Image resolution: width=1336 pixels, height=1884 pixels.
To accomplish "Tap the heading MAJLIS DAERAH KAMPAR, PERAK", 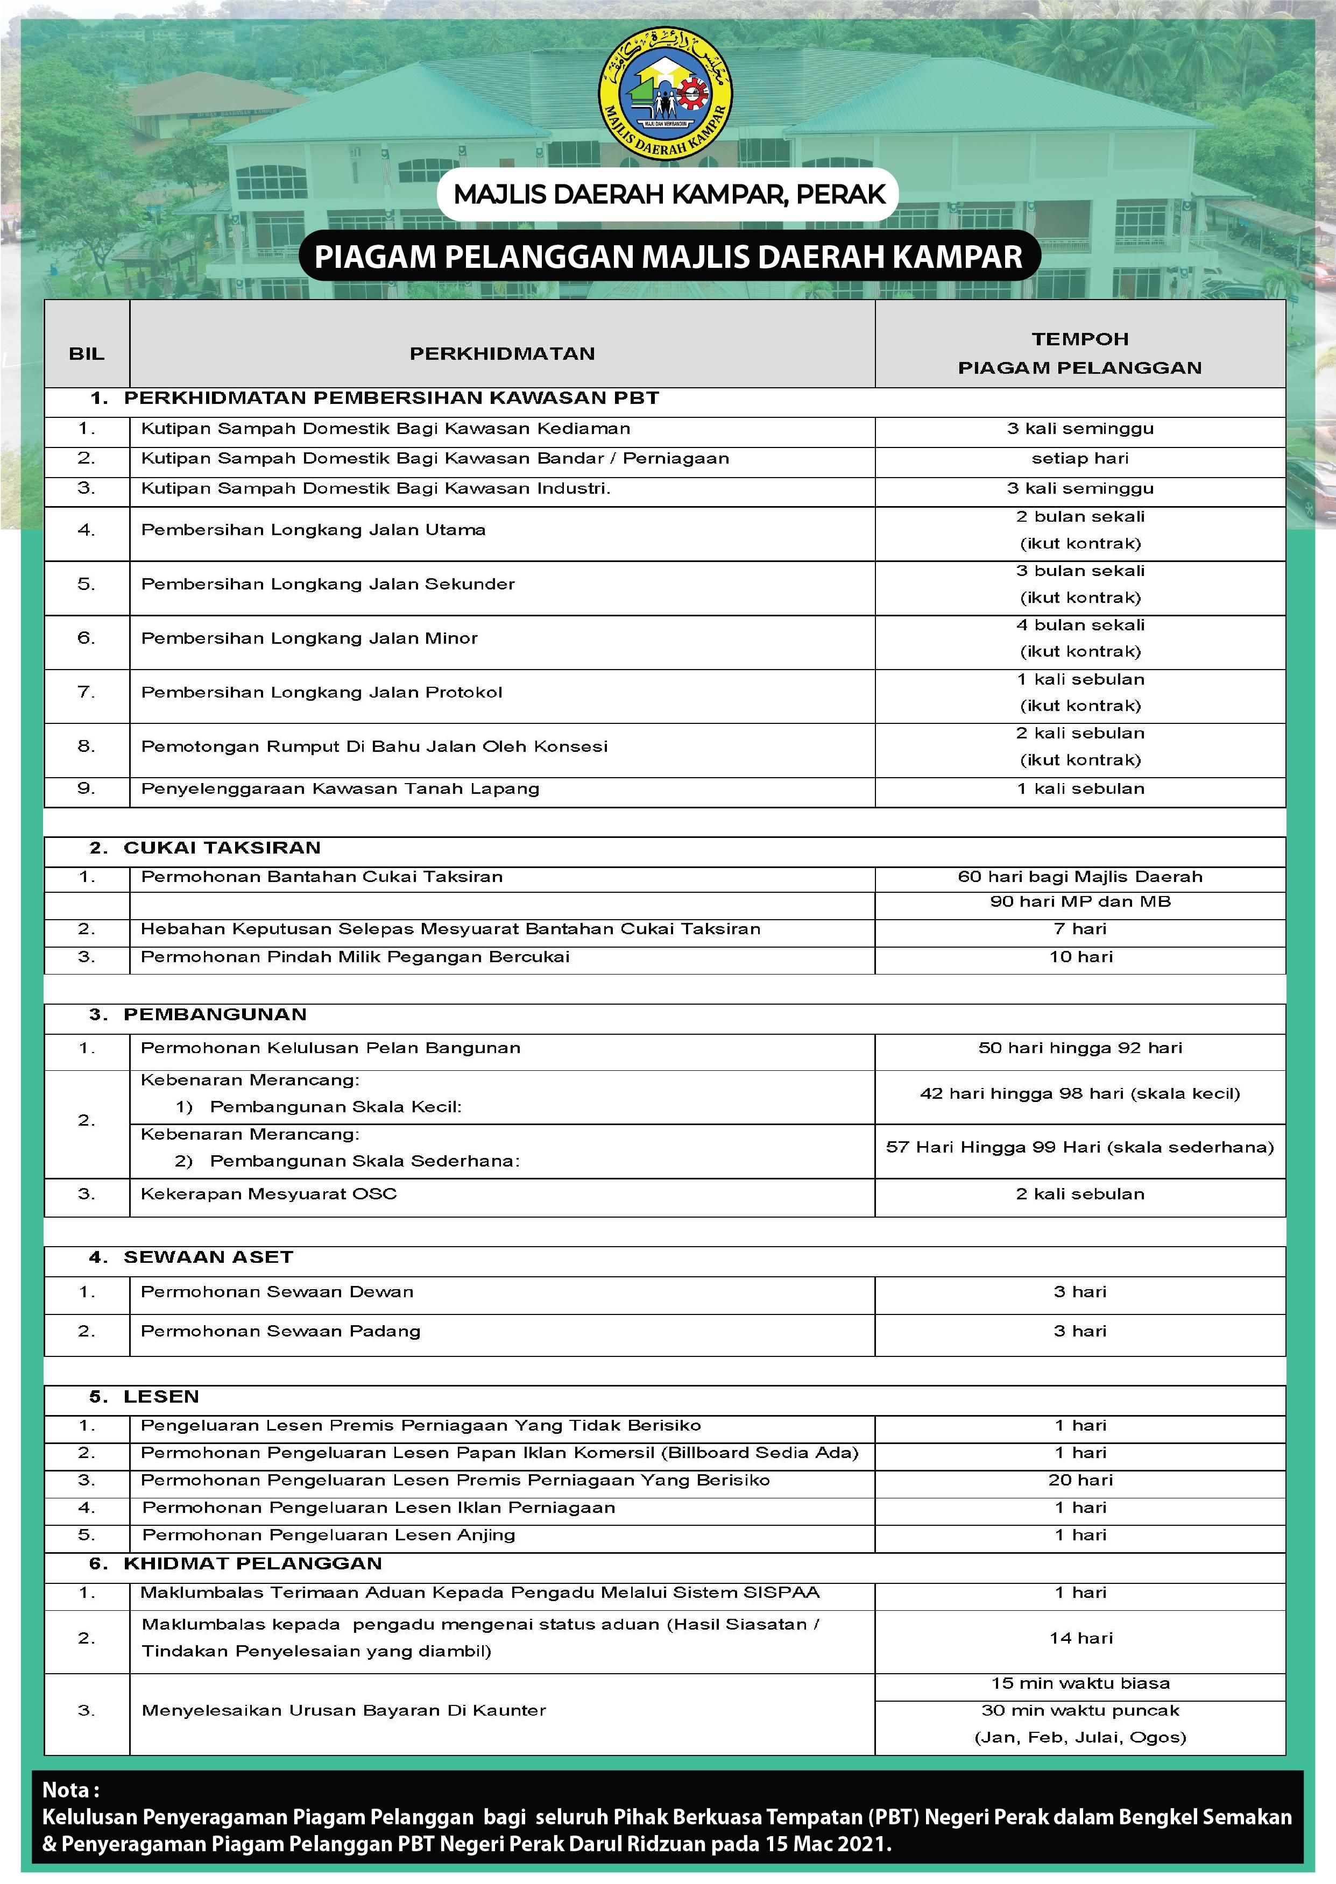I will tap(669, 194).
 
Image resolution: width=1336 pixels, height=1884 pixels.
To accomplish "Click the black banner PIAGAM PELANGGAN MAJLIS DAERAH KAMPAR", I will tap(668, 257).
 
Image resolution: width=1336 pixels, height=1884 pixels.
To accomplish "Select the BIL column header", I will tap(87, 353).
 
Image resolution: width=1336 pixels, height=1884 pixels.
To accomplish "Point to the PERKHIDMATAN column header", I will tap(502, 353).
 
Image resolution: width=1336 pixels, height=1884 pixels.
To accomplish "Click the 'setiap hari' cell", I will tap(1079, 458).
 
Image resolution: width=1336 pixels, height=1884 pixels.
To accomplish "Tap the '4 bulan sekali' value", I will tap(1079, 625).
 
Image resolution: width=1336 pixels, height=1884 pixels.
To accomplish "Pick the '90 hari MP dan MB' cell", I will tap(1079, 901).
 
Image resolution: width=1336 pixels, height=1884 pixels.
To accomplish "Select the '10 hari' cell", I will tap(1080, 956).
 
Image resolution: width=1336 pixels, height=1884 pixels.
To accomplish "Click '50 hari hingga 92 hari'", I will tap(1079, 1048).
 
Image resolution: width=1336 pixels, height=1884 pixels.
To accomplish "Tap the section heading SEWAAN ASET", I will tap(208, 1256).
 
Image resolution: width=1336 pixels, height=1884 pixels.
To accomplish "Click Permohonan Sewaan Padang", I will tap(280, 1331).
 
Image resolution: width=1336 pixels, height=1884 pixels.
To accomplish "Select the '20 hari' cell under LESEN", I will tap(1080, 1480).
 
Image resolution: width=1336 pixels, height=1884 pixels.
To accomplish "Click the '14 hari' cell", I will tap(1080, 1637).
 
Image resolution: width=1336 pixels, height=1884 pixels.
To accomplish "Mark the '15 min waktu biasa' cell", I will tap(1079, 1683).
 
